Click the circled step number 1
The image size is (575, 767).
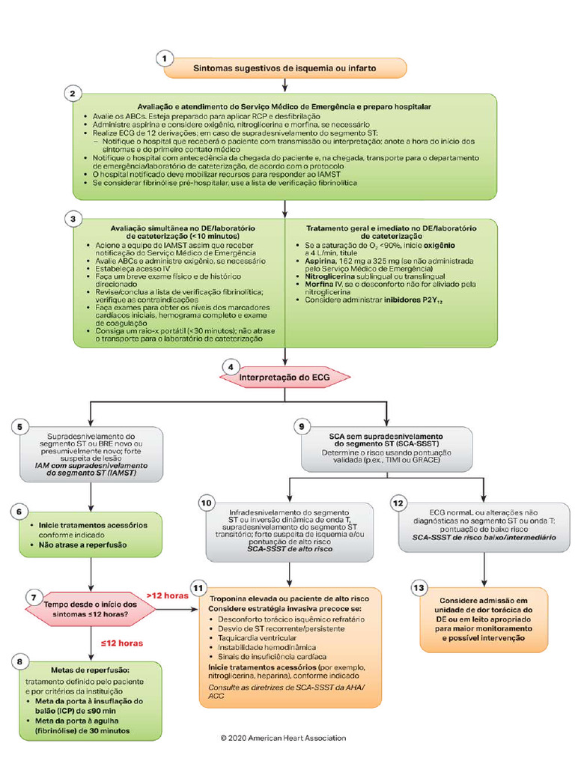(x=165, y=58)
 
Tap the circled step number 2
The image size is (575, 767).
(x=72, y=94)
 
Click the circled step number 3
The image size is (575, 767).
(x=72, y=219)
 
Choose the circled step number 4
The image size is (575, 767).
(x=231, y=367)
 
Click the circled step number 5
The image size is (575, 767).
(x=21, y=428)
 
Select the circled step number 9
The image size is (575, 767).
(x=302, y=427)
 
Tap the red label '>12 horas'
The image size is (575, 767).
(x=167, y=595)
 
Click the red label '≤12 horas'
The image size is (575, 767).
(x=121, y=643)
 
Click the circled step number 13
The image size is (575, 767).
(x=420, y=589)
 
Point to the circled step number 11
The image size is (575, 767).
(x=198, y=588)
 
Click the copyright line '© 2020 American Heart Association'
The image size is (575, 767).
(x=283, y=738)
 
